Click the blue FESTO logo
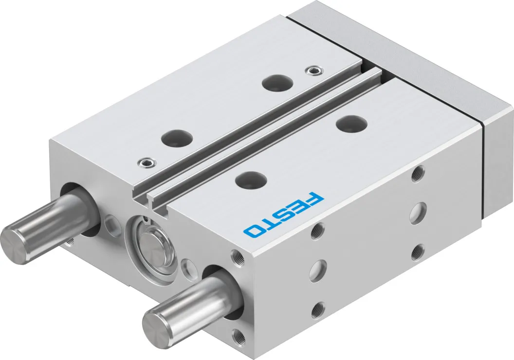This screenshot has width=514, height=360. coord(283,215)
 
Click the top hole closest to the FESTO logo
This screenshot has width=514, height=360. coord(251,179)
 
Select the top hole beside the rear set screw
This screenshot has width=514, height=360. coord(277,82)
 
